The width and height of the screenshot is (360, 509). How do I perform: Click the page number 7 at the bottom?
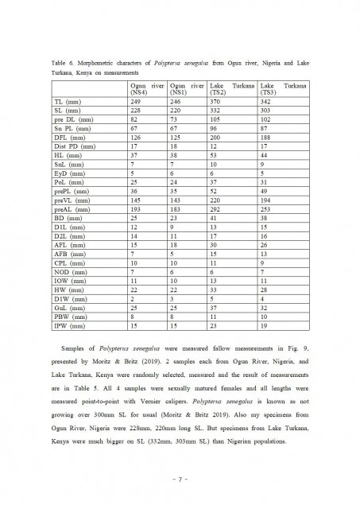tap(180, 480)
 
